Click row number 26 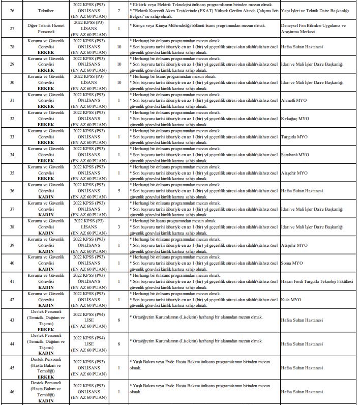point(12,10)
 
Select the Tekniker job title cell point(49,10)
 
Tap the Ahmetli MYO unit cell point(294,100)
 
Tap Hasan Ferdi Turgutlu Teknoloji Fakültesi point(317,281)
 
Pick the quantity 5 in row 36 point(119,191)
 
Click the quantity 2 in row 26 point(119,10)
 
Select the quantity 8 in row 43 point(119,320)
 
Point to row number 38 point(12,227)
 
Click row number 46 point(12,391)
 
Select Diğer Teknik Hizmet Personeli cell point(49,28)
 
